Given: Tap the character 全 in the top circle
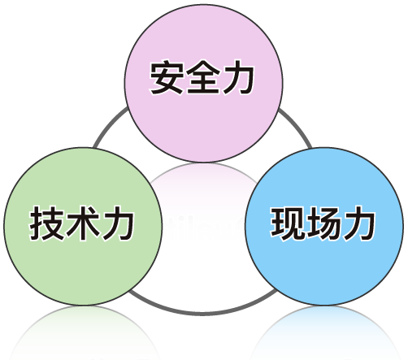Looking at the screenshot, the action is (202, 77).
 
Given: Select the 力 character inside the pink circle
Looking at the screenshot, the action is (238, 77).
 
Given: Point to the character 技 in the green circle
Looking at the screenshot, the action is (46, 223).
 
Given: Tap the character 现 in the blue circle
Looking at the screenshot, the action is (287, 223).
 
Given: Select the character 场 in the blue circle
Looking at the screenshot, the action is (323, 223).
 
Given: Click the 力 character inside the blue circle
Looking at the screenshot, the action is (359, 223).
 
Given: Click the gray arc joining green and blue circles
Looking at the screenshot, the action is (203, 314).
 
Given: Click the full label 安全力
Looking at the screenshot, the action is (202, 77).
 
